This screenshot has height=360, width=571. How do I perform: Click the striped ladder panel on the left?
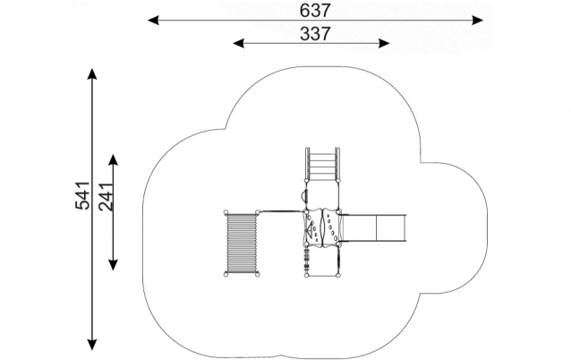[241, 243]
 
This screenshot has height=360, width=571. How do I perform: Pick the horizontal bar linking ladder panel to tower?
[281, 212]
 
